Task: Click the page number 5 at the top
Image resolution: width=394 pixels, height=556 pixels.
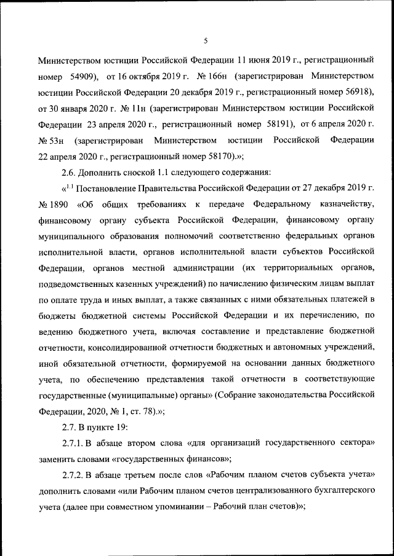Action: [206, 41]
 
